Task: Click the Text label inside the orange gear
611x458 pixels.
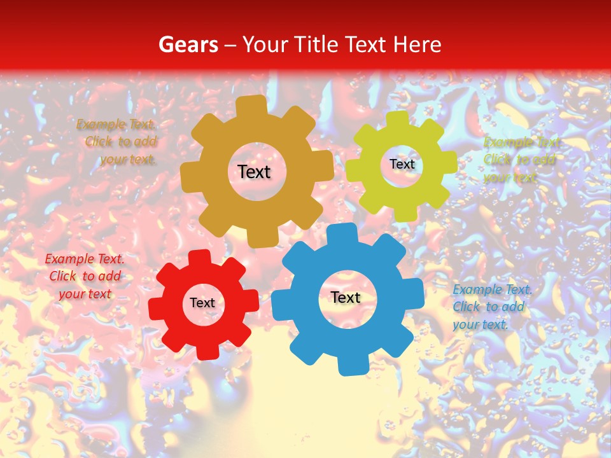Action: [254, 172]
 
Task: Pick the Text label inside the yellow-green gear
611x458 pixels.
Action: [402, 164]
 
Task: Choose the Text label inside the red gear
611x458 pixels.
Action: [202, 303]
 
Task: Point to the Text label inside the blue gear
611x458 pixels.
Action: [346, 297]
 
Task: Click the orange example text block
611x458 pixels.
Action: [117, 142]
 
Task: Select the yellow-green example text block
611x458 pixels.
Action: [521, 160]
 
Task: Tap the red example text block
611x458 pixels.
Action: [85, 277]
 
